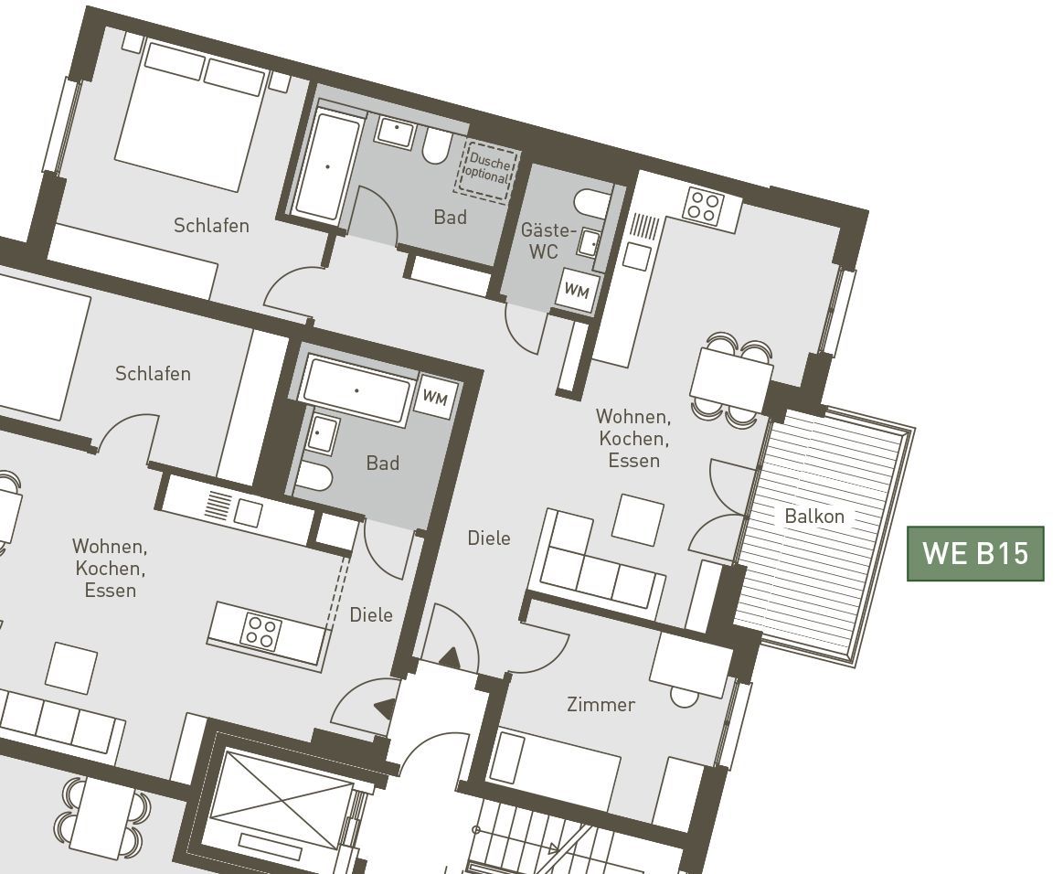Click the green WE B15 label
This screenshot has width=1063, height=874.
[x=975, y=553]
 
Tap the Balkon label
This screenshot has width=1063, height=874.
[x=814, y=516]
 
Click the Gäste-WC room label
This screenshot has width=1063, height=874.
[x=547, y=240]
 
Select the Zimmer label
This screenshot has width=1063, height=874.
[x=601, y=705]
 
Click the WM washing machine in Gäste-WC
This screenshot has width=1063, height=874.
[x=577, y=290]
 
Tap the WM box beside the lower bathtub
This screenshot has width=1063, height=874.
[x=435, y=397]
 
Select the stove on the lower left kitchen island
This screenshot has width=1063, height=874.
[x=261, y=632]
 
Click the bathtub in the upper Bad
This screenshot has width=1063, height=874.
[x=328, y=166]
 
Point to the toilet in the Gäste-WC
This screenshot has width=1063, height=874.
[x=592, y=201]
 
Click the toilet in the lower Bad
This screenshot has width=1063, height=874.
[x=314, y=478]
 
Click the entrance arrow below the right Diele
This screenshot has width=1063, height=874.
[x=450, y=657]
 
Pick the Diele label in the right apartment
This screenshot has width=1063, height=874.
[x=489, y=538]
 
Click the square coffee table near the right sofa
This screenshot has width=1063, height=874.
[x=638, y=519]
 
